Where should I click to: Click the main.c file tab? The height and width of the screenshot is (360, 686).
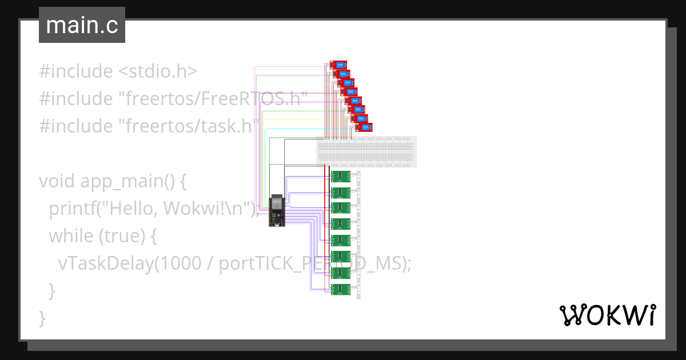(82, 26)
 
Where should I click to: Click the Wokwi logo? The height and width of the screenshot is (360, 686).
(607, 315)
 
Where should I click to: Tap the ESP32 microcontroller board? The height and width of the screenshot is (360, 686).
(277, 212)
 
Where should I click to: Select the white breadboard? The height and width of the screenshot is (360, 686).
(366, 152)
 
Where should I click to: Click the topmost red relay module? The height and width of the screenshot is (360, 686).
(338, 65)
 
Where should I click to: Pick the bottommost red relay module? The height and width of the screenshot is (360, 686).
(364, 127)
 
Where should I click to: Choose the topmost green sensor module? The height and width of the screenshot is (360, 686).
(341, 176)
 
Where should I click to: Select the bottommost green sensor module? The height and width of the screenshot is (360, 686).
(341, 289)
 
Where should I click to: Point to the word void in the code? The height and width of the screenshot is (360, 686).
(57, 181)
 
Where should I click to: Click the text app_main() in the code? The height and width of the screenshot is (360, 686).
(127, 181)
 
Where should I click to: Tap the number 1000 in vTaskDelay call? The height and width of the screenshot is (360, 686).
(178, 263)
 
